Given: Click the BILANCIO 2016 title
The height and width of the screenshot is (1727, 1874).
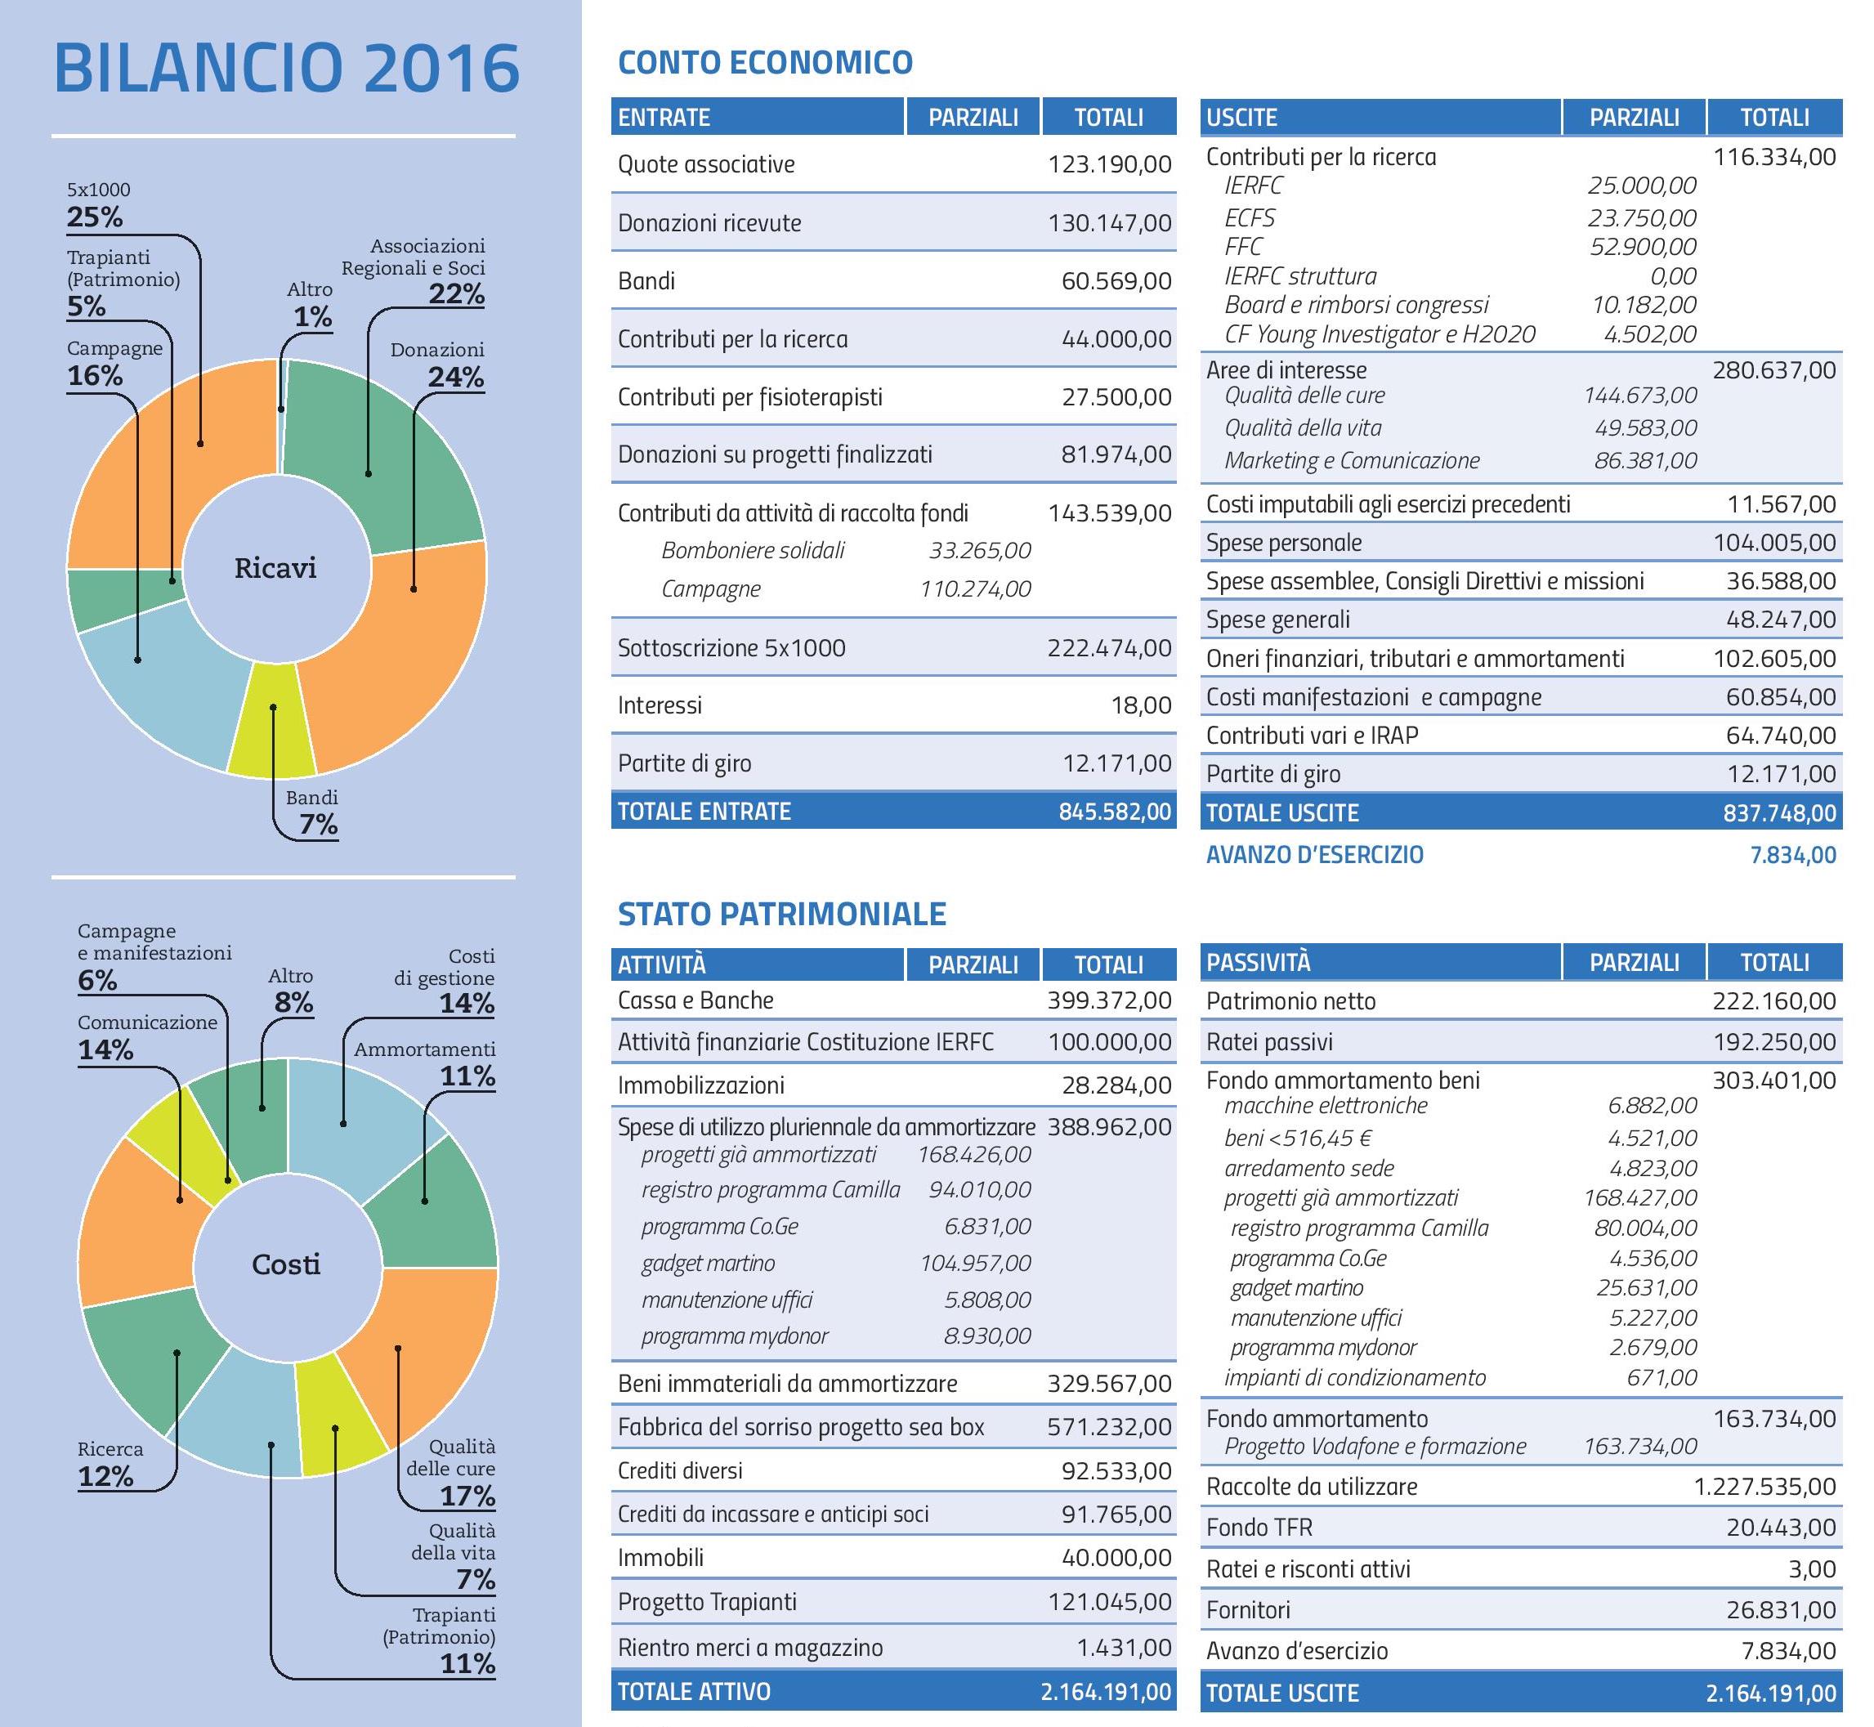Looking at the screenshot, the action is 286,67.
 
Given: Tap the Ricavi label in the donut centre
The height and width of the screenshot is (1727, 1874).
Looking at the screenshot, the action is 275,567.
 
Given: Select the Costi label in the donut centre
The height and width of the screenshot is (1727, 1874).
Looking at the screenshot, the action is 286,1264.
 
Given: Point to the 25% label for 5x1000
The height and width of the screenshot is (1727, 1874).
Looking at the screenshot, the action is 95,217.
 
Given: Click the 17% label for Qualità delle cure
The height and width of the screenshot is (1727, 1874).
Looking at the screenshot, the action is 467,1497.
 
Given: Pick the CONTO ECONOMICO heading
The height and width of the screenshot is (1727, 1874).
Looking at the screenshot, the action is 766,63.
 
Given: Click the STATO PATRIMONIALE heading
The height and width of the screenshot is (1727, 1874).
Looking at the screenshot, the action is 782,913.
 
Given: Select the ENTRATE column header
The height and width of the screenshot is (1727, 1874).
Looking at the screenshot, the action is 664,117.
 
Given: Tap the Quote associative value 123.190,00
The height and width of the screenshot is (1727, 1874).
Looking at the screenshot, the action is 1110,164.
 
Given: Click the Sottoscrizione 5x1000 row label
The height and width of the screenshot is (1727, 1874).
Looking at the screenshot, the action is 731,647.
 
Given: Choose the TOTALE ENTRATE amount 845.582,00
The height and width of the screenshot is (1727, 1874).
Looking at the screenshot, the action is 1115,811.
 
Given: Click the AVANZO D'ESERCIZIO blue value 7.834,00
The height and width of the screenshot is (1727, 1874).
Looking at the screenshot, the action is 1793,855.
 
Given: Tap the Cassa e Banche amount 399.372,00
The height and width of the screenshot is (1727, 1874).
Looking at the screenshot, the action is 1110,1001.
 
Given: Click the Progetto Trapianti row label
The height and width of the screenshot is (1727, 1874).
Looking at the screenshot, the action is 708,1602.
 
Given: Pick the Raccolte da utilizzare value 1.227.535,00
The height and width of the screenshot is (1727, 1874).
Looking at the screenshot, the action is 1765,1487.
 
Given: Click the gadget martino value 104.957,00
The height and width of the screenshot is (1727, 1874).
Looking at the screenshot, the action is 976,1264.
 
